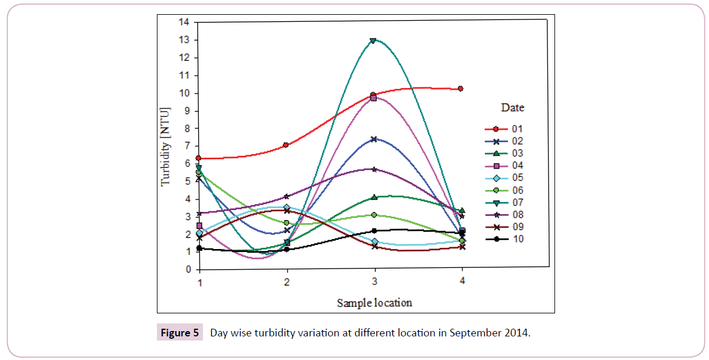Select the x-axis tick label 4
pyautogui.click(x=462, y=281)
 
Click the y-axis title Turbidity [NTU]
pyautogui.click(x=166, y=146)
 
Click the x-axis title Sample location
pyautogui.click(x=375, y=303)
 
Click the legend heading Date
pyautogui.click(x=513, y=108)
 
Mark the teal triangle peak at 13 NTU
pyautogui.click(x=373, y=41)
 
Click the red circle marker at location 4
pyautogui.click(x=461, y=89)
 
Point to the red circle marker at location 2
pyautogui.click(x=286, y=145)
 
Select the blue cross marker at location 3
pyautogui.click(x=373, y=139)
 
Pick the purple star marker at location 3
pyautogui.click(x=373, y=169)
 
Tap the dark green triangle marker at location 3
pyautogui.click(x=373, y=197)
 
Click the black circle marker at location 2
pyautogui.click(x=287, y=250)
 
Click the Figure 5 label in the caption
pyautogui.click(x=180, y=333)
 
